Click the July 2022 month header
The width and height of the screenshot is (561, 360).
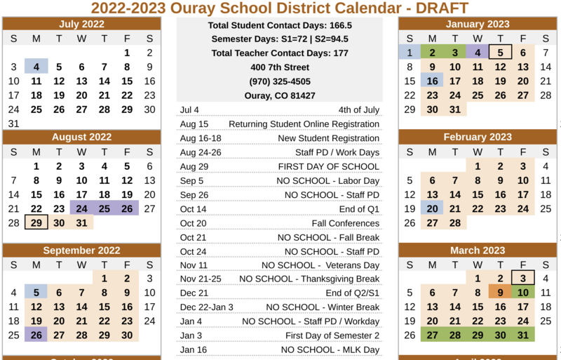(82, 24)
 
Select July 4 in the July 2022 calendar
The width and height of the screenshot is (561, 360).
(36, 67)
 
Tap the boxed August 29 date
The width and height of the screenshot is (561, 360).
(36, 222)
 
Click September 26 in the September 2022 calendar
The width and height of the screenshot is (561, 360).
(36, 335)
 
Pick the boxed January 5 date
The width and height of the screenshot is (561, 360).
(500, 53)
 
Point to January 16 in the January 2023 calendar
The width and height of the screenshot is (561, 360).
(432, 81)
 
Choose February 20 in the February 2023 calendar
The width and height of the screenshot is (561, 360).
(432, 208)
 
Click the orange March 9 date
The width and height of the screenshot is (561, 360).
(500, 293)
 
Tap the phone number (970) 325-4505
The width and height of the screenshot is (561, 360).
(279, 81)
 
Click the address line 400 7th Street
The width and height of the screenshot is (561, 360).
(279, 67)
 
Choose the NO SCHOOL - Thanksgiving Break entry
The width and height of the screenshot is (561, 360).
(309, 279)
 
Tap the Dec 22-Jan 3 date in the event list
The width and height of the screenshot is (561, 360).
(207, 307)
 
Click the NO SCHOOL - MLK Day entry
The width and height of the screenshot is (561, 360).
(330, 349)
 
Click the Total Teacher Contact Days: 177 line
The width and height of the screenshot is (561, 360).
(279, 53)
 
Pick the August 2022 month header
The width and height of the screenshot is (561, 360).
(82, 137)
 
